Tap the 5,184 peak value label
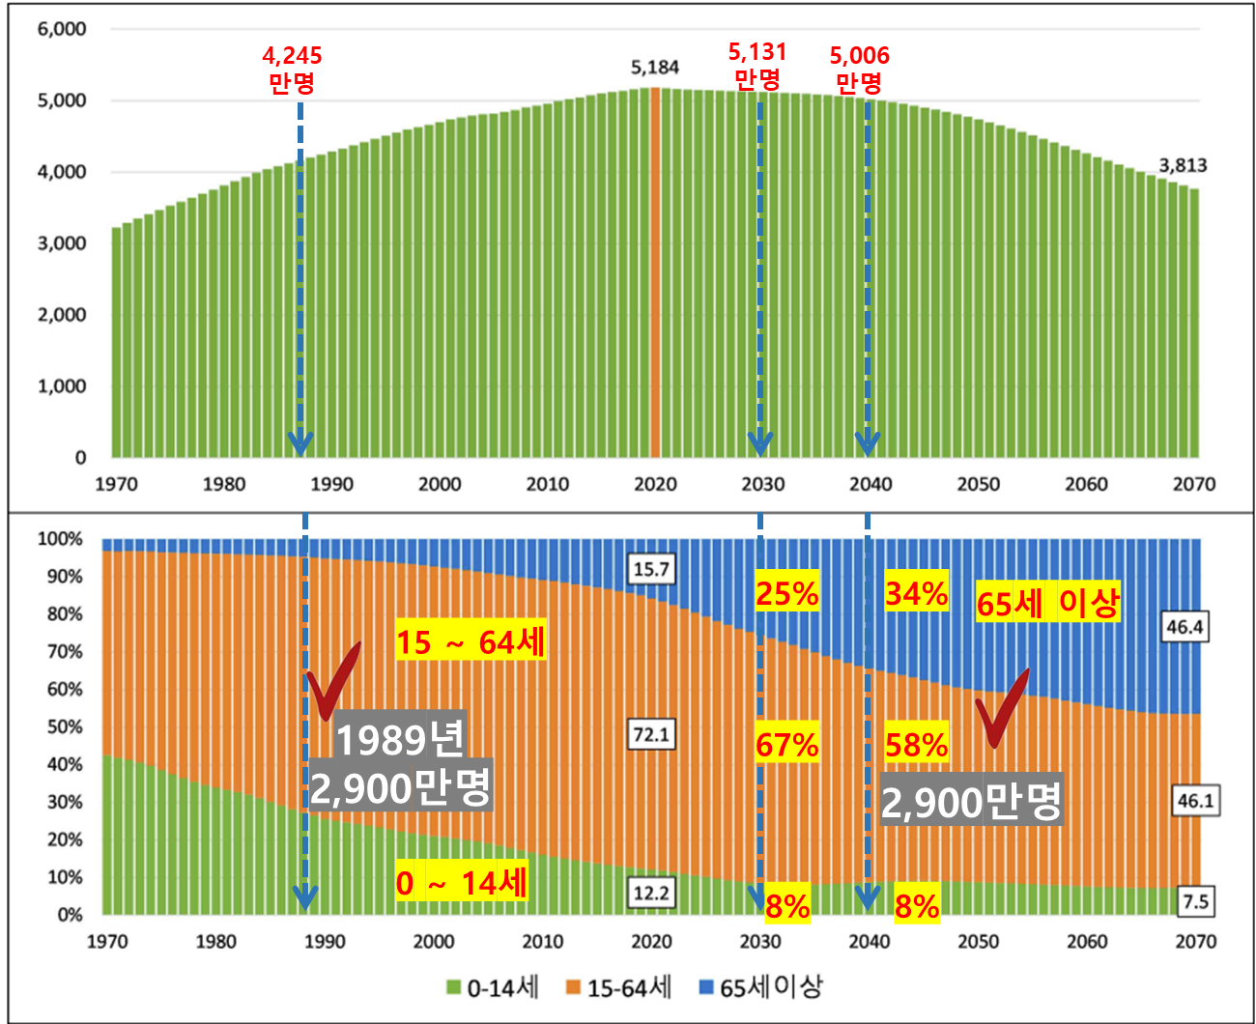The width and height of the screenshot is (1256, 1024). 655,68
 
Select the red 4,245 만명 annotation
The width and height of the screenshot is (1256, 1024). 292,69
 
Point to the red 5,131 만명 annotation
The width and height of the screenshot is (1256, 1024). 757,65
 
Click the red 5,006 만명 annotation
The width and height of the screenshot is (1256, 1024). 859,69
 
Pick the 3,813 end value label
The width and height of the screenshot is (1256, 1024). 1183,165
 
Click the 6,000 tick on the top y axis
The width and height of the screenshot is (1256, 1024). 62,29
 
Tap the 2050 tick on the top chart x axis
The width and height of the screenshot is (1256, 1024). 978,484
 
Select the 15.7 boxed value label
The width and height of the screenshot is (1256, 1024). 651,569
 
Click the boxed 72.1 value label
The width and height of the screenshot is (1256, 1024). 651,735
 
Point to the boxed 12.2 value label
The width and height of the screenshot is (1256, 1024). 651,893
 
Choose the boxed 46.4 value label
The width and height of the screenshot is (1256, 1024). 1185,627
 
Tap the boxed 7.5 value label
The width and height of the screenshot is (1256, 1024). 1195,901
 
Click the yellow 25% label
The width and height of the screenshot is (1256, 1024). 787,593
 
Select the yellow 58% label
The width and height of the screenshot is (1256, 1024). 916,745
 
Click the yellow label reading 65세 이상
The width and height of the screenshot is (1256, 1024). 1047,603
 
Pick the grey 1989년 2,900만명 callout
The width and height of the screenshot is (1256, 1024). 400,764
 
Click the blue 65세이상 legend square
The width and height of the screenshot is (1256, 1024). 706,987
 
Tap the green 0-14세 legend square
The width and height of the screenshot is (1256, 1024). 453,987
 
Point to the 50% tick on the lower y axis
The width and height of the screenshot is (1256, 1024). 65,726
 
